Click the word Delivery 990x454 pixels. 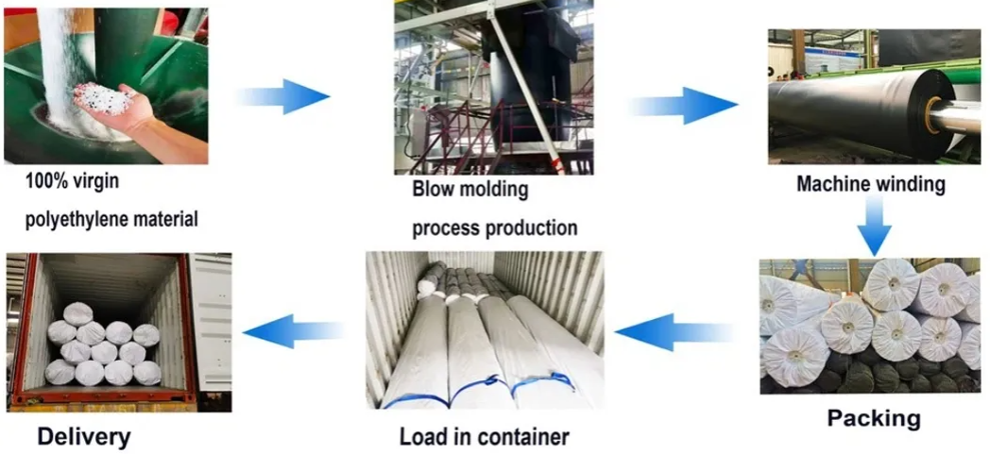pyautogui.click(x=83, y=437)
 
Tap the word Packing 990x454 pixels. pyautogui.click(x=874, y=417)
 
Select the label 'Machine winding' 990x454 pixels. pyautogui.click(x=870, y=184)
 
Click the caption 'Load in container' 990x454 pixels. pyautogui.click(x=484, y=437)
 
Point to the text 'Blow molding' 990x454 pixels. pyautogui.click(x=469, y=189)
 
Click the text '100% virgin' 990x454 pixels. pyautogui.click(x=72, y=179)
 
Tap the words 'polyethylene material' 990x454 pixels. pyautogui.click(x=111, y=220)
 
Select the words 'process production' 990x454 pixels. pyautogui.click(x=494, y=227)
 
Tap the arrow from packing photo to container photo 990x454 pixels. pyautogui.click(x=673, y=331)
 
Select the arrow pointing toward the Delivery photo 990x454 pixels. pyautogui.click(x=293, y=331)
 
